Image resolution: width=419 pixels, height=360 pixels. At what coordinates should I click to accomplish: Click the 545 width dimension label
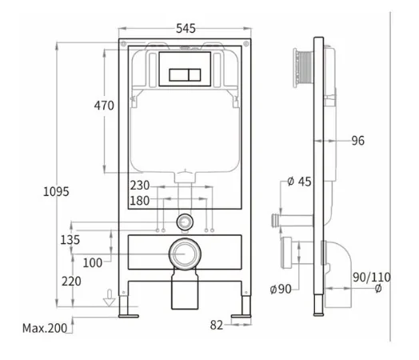(186, 29)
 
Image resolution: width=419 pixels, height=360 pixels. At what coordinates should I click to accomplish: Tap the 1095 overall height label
(56, 192)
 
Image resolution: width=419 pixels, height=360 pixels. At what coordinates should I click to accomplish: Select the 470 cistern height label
(104, 106)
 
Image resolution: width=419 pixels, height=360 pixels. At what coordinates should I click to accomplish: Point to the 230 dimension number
(140, 186)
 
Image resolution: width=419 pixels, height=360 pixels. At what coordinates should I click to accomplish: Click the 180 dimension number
(140, 201)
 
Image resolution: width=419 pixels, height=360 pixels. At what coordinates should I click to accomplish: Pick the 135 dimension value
(70, 240)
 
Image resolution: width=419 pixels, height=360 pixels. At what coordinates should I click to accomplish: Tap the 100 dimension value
(93, 263)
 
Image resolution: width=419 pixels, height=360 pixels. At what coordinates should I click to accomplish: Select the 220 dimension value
(71, 282)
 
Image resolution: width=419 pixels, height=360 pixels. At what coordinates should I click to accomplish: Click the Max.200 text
(45, 328)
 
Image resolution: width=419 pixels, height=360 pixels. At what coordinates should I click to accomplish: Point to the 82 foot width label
(217, 326)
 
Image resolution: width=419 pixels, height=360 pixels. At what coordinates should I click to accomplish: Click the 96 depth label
(357, 141)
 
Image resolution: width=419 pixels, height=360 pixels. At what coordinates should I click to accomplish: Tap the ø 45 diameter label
(299, 182)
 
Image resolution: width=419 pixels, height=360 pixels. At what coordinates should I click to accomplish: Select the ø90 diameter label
(281, 289)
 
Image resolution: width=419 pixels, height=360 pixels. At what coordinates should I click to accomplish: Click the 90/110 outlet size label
(372, 278)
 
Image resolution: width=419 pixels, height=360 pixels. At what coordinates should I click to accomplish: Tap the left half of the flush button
(178, 75)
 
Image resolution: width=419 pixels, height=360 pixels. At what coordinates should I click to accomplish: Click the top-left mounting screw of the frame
(123, 43)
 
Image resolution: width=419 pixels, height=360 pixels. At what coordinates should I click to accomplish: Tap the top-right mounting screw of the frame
(246, 43)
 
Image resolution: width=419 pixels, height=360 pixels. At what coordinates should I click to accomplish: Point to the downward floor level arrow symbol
(110, 298)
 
